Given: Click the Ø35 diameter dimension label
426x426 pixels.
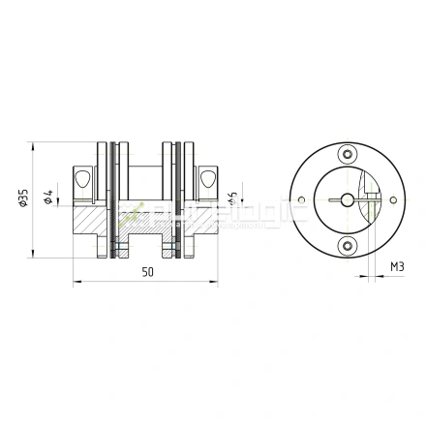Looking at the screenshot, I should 23,198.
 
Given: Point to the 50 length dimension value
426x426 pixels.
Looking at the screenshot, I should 147,273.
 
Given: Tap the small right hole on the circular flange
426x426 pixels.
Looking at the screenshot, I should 390,199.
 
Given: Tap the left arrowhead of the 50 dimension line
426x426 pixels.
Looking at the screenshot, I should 77,284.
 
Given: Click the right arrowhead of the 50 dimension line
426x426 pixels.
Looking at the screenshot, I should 215,284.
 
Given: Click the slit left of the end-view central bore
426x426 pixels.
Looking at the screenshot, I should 333,199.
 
